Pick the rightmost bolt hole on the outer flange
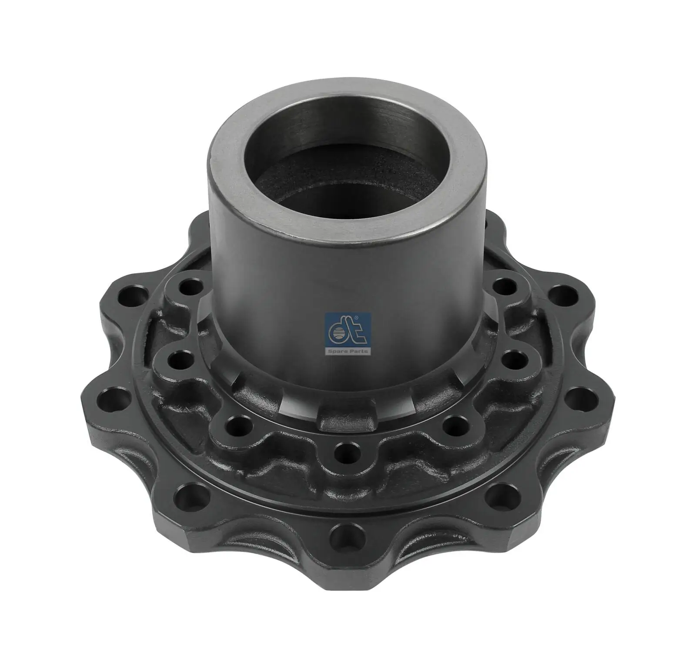click(x=582, y=393)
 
